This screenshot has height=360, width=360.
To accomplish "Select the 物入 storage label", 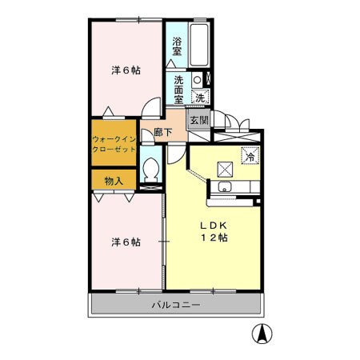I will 113,181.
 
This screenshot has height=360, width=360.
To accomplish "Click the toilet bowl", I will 150,170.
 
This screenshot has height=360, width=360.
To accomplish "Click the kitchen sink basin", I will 225,189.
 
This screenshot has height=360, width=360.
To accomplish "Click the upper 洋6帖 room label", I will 126,70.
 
